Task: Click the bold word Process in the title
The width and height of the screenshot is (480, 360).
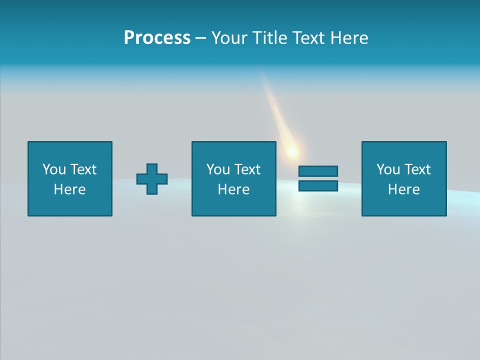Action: (157, 38)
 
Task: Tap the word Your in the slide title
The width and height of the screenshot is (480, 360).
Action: (229, 38)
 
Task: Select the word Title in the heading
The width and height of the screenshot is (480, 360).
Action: (270, 38)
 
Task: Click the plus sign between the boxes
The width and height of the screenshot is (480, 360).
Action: (152, 179)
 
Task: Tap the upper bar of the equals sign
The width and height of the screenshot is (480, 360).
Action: (318, 171)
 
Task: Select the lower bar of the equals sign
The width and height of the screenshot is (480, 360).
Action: (318, 185)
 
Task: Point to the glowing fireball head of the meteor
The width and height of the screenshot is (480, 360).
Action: (291, 150)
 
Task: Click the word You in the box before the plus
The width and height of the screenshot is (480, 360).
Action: (54, 169)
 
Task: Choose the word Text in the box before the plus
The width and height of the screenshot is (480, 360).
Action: (82, 169)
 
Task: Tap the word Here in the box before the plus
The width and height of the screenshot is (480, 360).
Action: (69, 189)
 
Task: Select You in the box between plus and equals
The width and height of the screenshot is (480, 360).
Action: (218, 169)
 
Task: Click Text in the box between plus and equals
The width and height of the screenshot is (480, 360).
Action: (246, 169)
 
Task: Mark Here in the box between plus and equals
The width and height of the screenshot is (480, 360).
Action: (233, 189)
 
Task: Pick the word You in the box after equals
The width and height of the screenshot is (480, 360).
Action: (388, 169)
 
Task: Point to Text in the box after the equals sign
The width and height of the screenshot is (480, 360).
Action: (416, 169)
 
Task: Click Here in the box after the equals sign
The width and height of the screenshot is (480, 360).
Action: (403, 189)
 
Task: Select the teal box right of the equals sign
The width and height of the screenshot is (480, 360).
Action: (404, 205)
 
